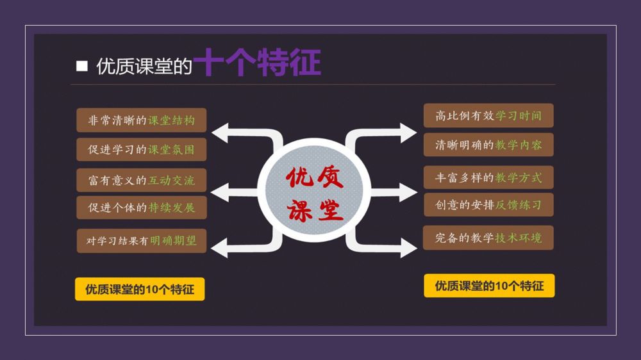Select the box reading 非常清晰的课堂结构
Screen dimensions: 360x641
142,120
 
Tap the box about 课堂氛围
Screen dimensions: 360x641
142,150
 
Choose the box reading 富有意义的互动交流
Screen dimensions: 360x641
142,180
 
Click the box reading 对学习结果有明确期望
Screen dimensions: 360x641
142,241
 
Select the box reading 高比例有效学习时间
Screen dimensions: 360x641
488,116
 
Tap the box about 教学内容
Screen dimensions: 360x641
488,145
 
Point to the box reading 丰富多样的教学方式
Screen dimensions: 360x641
488,177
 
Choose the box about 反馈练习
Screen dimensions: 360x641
488,205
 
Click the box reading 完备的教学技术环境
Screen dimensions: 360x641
488,238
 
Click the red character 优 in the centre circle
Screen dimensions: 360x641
299,177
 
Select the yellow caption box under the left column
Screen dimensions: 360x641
140,289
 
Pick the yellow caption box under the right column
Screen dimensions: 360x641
489,286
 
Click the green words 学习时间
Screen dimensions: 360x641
519,116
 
